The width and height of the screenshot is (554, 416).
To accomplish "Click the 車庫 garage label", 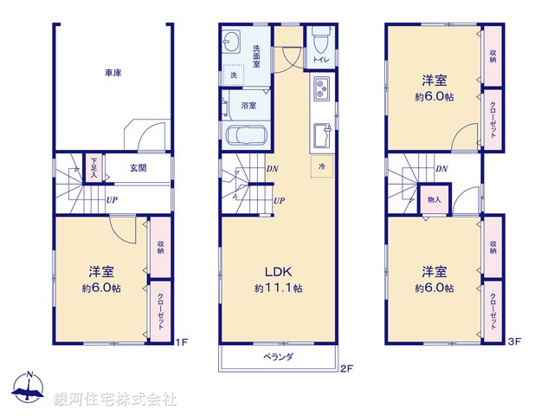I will (113, 73).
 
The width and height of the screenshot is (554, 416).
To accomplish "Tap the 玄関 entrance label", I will (138, 168).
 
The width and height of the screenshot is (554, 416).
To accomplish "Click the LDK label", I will (277, 270).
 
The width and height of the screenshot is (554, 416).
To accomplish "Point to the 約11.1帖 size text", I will (278, 288).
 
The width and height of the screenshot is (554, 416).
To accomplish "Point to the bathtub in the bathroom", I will (246, 137).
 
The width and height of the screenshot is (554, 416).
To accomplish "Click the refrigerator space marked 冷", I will (322, 166).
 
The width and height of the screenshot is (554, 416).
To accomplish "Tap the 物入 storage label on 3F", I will (434, 200).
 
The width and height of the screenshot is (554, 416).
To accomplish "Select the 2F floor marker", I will (346, 368).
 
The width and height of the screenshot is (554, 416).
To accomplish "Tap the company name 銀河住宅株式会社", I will (115, 400).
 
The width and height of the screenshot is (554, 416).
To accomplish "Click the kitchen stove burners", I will (320, 88).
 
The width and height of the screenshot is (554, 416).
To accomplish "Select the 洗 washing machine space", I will (233, 76).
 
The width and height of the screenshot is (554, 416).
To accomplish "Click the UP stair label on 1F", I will (112, 200).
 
